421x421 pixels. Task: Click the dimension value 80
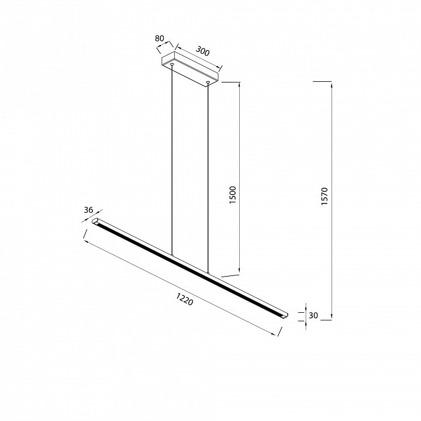159,39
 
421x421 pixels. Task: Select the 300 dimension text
202,51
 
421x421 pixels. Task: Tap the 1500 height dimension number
233,195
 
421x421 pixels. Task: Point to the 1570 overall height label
325,196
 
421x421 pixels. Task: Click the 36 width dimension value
88,210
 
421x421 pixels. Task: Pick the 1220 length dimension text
185,299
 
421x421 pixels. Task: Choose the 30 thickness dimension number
313,316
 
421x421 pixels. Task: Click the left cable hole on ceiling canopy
172,64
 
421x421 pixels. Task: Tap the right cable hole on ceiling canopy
208,82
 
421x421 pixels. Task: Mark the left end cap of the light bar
95,221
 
